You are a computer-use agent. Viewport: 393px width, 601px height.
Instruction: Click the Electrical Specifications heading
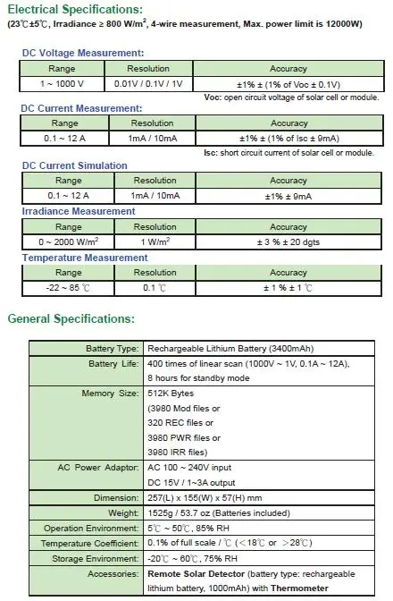point(75,10)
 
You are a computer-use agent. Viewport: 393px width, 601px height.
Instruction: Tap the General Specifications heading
point(71,318)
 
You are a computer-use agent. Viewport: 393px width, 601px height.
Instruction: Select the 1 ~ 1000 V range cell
point(63,83)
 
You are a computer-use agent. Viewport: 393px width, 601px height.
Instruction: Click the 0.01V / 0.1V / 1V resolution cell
point(148,83)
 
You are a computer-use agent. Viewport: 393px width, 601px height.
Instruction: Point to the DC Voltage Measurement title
point(82,54)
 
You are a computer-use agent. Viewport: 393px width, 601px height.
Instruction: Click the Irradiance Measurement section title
point(79,211)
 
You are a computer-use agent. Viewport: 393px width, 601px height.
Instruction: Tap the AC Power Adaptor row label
point(99,466)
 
